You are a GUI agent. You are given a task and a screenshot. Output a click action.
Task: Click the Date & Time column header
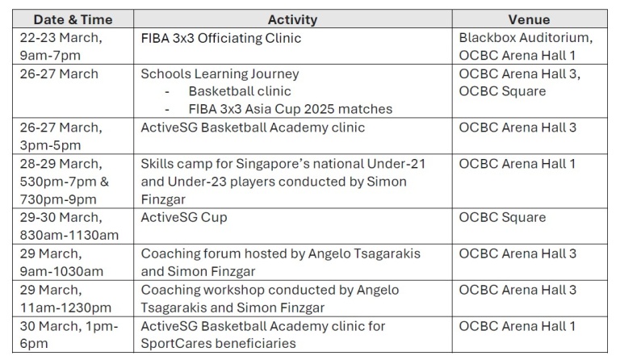point(73,19)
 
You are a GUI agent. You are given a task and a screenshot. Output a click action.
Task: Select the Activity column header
point(292,19)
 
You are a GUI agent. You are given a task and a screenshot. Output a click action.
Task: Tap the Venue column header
point(529,19)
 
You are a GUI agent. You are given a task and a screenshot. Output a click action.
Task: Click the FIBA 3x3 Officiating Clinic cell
point(220,38)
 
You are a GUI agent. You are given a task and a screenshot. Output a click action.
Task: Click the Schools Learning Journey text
point(220,74)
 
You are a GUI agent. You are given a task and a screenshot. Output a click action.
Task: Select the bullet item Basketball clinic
point(240,91)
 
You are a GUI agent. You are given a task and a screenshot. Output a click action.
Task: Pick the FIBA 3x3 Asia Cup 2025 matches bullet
point(291,109)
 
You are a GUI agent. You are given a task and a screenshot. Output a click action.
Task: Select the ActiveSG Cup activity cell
point(184,217)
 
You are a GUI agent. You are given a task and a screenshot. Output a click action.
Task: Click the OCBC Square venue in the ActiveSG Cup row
point(502,217)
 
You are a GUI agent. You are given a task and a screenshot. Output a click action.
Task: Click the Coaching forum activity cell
point(281,262)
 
